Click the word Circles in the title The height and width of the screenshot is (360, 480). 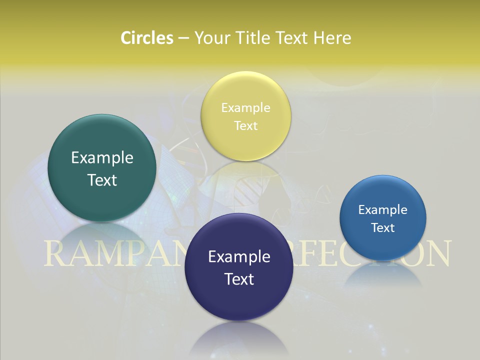146,38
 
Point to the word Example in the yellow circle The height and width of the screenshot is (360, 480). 245,107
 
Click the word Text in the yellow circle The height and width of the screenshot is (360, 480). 245,125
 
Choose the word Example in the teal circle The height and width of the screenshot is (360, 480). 102,157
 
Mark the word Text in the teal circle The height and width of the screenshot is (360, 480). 102,180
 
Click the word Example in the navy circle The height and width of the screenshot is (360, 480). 239,256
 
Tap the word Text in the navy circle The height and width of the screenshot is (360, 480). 239,279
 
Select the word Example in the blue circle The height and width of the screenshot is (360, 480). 383,209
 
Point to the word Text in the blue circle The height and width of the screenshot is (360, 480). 383,227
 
